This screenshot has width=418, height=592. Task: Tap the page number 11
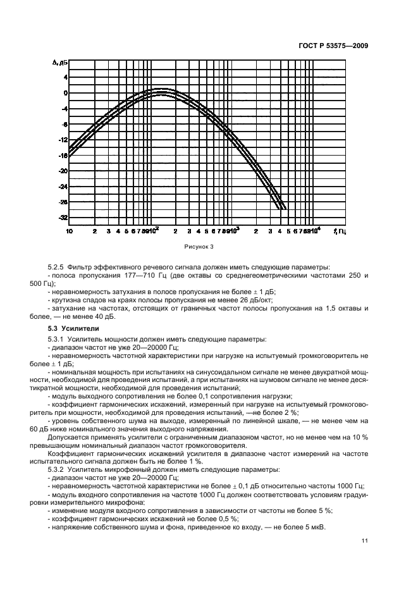click(365, 541)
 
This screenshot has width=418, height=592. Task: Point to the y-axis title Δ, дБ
click(59, 63)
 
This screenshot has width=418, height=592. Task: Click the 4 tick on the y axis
click(65, 77)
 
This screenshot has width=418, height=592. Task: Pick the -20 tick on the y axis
click(63, 171)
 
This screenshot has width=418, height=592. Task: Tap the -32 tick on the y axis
click(63, 218)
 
